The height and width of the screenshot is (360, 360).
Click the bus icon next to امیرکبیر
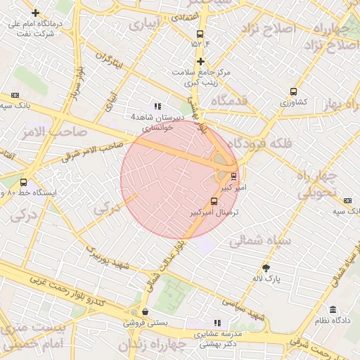tap(233, 176)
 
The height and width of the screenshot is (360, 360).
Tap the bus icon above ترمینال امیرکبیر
tap(214, 201)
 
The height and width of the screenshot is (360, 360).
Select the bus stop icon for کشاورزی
tap(293, 91)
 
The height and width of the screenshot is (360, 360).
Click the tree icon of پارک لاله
tap(266, 268)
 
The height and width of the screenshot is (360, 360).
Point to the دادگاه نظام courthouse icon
tap(333, 310)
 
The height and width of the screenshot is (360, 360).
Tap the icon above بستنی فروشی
tap(145, 311)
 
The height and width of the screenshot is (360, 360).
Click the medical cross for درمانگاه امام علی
tap(35, 13)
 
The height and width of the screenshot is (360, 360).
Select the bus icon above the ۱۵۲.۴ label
tap(200, 33)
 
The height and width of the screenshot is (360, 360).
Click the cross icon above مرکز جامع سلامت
tap(200, 62)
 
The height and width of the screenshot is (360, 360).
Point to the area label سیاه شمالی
tap(255, 241)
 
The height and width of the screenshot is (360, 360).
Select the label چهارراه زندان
tap(152, 345)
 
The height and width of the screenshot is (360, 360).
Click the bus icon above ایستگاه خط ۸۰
tap(23, 182)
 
